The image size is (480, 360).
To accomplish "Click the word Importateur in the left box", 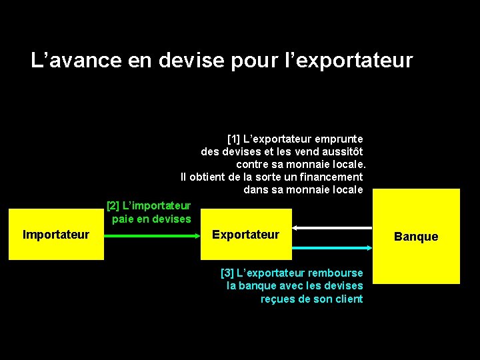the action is point(56,235).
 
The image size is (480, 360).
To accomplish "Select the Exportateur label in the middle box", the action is point(245,235).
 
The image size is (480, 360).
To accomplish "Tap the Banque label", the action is point(416,237).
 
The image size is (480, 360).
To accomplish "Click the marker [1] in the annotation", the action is point(233,139).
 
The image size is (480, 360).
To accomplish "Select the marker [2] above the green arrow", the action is point(113,206).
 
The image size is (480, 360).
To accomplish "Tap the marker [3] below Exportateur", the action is point(227,273).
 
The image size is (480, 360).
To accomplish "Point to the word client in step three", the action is point(347,299).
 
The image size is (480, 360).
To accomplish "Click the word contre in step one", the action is point(252,164).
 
